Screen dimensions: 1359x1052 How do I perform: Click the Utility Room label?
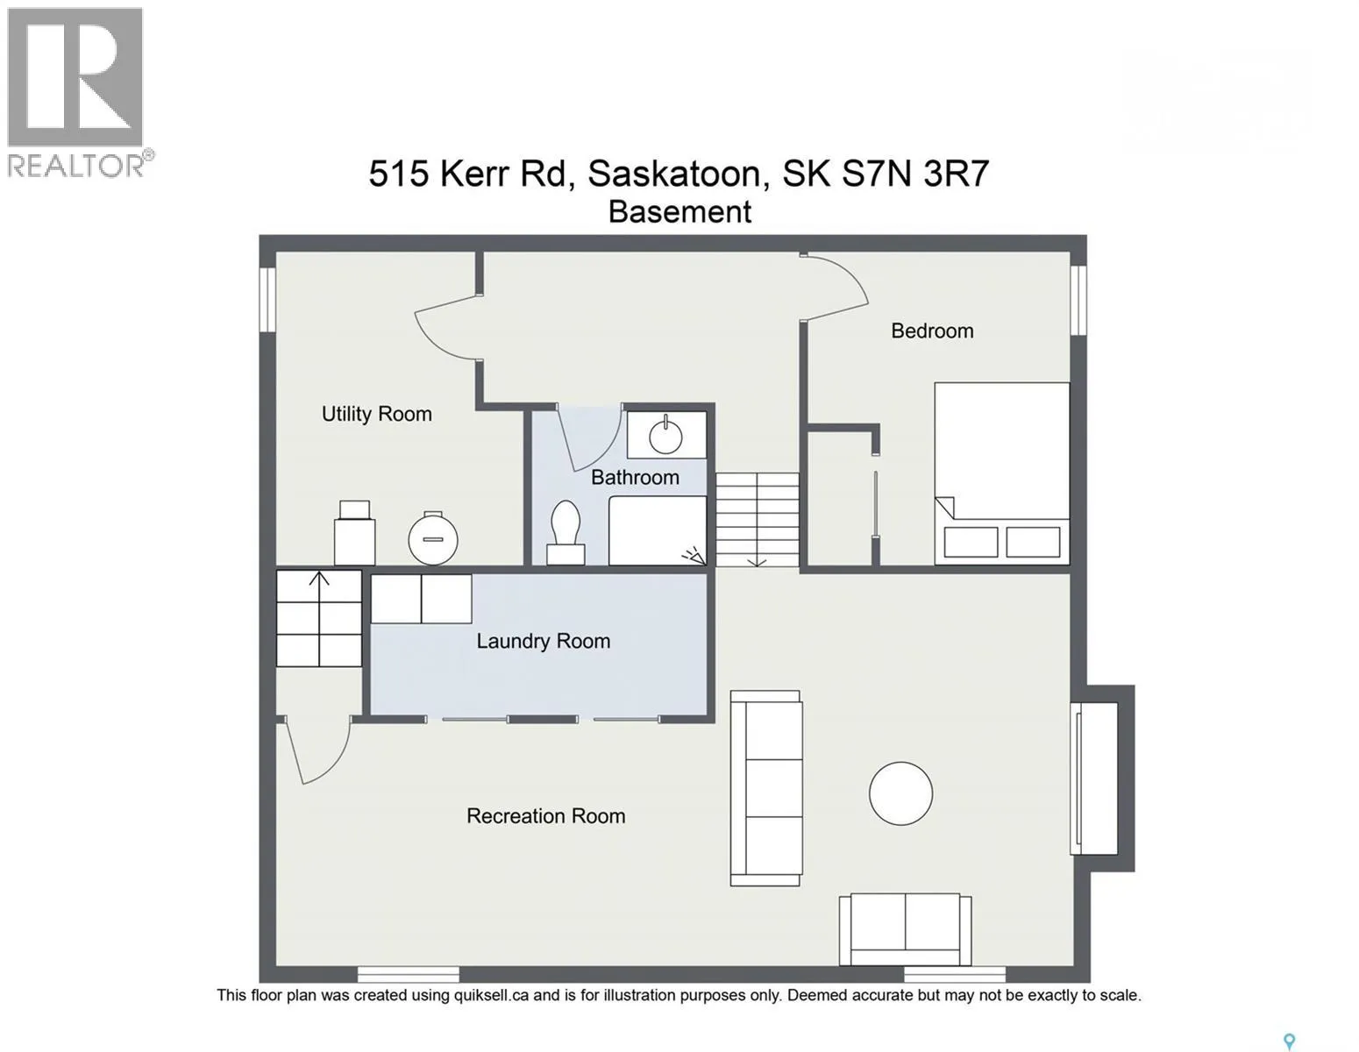tap(376, 414)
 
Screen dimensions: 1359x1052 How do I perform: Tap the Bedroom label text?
tap(932, 331)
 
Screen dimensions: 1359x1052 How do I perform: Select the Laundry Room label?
tap(543, 641)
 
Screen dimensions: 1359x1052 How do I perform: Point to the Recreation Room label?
tap(546, 815)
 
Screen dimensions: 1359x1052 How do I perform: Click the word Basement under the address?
tap(679, 212)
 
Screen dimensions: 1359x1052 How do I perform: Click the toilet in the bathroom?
tap(566, 532)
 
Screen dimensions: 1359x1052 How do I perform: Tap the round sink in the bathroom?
tap(665, 436)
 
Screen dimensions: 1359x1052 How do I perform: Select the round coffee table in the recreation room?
tap(900, 793)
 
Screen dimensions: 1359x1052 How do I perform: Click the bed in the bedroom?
tap(1002, 473)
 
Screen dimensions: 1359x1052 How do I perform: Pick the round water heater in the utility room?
tap(433, 538)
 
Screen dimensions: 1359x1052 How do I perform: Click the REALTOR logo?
tap(76, 93)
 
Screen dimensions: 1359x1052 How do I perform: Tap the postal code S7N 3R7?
tap(915, 174)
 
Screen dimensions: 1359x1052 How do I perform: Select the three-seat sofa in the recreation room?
tap(766, 787)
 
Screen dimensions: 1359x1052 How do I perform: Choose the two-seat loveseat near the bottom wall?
tap(905, 929)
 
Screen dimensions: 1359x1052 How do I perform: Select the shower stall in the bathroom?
tap(658, 530)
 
